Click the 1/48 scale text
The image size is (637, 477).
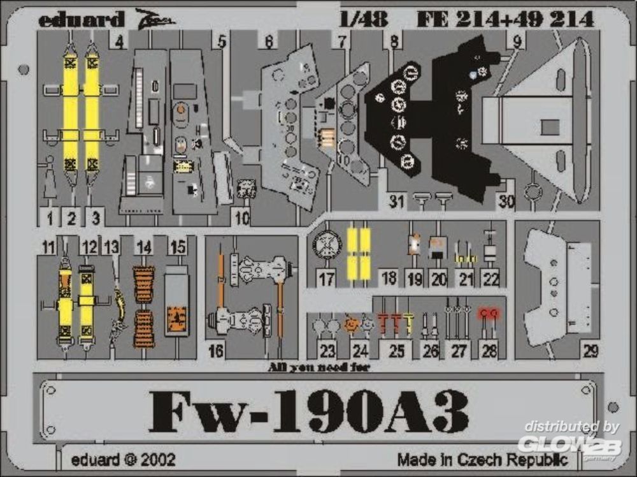tap(364, 20)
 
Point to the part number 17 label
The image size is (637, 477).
tap(326, 279)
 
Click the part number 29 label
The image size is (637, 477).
tap(590, 350)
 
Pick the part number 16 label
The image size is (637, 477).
tap(216, 350)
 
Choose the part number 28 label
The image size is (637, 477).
tap(489, 349)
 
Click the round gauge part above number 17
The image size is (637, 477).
tap(327, 244)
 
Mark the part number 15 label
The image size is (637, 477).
tap(178, 247)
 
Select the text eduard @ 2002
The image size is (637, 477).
tap(124, 459)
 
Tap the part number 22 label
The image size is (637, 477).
tap(490, 279)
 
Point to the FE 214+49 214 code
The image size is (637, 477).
tap(505, 20)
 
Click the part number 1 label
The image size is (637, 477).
tap(49, 217)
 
